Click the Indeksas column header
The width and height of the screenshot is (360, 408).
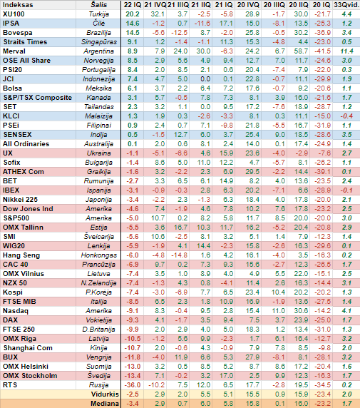pyautogui.click(x=18, y=5)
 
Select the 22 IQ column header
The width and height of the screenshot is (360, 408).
pyautogui.click(x=133, y=5)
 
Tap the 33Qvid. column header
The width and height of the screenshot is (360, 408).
pyautogui.click(x=346, y=5)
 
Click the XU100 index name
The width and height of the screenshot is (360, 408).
pyautogui.click(x=14, y=14)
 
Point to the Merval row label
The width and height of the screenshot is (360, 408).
pyautogui.click(x=14, y=51)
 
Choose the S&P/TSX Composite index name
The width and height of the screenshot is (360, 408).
pyautogui.click(x=38, y=98)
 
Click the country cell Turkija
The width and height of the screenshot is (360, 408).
pyautogui.click(x=98, y=14)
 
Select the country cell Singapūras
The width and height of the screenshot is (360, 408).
pyautogui.click(x=99, y=42)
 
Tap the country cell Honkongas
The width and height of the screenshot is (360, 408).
pyautogui.click(x=99, y=255)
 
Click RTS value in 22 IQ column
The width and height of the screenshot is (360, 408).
pyautogui.click(x=133, y=385)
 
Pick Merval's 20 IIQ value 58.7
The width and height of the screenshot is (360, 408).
pyautogui.click(x=301, y=51)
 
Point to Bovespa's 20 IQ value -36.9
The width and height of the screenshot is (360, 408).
pyautogui.click(x=322, y=33)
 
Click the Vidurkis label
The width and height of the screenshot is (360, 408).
pyautogui.click(x=105, y=394)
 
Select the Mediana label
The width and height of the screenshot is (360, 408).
pyautogui.click(x=105, y=404)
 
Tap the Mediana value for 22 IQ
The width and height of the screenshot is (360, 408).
pyautogui.click(x=133, y=404)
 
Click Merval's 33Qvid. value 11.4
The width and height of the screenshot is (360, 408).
pyautogui.click(x=346, y=51)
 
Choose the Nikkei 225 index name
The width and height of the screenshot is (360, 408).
pyautogui.click(x=20, y=200)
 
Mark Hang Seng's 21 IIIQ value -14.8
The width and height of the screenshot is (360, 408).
pyautogui.click(x=179, y=255)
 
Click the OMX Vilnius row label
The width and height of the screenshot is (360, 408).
pyautogui.click(x=24, y=274)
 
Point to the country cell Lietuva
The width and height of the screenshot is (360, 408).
pyautogui.click(x=98, y=274)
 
